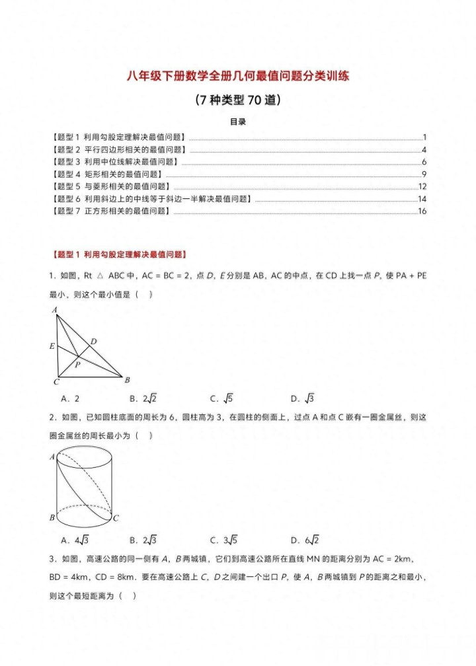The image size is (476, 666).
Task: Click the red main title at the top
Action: tap(238, 76)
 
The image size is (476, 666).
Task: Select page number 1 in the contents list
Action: tap(424, 137)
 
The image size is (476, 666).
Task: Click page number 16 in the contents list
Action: tap(422, 211)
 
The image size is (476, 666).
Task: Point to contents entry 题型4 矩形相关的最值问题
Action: tap(106, 174)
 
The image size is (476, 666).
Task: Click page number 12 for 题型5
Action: tap(422, 186)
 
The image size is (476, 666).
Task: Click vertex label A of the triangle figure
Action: tap(54, 310)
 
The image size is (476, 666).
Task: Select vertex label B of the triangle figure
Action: tap(127, 380)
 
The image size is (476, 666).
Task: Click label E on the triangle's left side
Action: tap(52, 346)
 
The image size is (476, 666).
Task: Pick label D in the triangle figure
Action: tap(94, 341)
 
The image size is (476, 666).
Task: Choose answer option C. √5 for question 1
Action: tap(222, 398)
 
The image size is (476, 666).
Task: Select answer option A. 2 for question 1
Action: tap(70, 398)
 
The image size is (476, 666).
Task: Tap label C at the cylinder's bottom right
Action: tap(115, 518)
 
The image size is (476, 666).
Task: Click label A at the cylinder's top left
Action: tap(52, 457)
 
